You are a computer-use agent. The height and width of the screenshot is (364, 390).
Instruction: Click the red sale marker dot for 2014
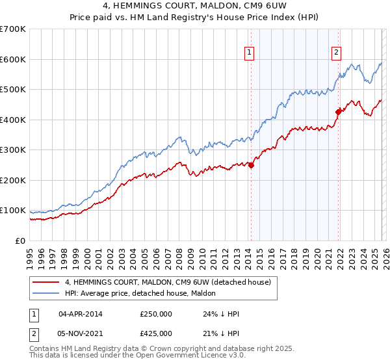(251, 165)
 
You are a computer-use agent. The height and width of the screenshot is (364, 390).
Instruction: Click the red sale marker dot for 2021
(338, 112)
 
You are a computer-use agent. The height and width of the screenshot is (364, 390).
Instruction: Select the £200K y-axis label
(13, 180)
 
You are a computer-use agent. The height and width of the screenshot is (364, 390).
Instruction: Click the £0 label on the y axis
(19, 240)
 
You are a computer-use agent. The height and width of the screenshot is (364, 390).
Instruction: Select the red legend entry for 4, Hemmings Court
(172, 282)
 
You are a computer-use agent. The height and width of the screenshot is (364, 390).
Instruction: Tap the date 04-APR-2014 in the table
(80, 314)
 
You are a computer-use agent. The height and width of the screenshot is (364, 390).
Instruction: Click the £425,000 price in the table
(155, 333)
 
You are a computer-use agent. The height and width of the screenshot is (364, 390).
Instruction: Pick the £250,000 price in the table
(155, 314)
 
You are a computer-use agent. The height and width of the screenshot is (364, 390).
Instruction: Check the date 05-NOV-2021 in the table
(81, 333)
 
